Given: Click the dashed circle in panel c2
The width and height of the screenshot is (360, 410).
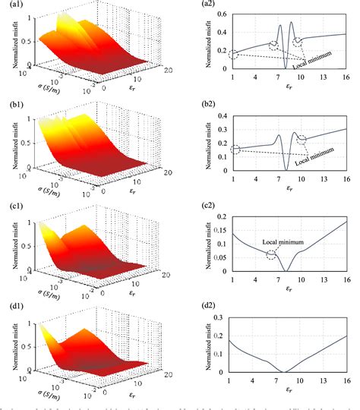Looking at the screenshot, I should [x=272, y=254].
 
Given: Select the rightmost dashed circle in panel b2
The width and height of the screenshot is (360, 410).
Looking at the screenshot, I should [x=303, y=139].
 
